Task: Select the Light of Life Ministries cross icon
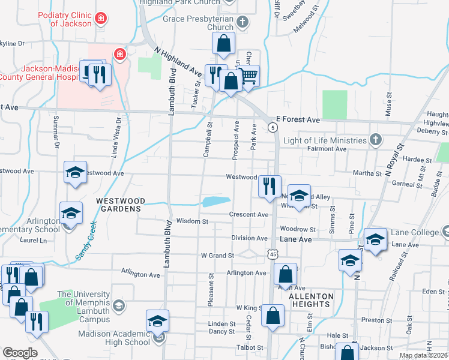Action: (x=376, y=140)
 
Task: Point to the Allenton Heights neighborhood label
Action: (x=311, y=300)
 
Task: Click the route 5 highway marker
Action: (x=273, y=127)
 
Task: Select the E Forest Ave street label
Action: (x=298, y=120)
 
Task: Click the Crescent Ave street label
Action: (x=249, y=214)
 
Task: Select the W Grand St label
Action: (x=217, y=256)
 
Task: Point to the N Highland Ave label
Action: (x=177, y=61)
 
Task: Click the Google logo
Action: (x=20, y=353)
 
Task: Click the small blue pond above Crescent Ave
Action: (x=217, y=202)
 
